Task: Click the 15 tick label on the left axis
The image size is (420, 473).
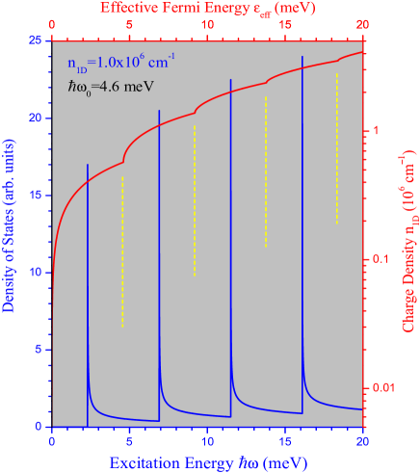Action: [x=33, y=196]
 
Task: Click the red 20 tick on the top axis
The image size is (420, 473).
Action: [x=362, y=24]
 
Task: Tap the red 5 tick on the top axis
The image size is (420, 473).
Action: [x=130, y=24]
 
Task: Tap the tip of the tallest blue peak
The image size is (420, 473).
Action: [x=302, y=57]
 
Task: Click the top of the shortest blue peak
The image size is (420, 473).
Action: [x=88, y=165]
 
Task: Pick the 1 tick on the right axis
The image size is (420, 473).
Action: [x=375, y=131]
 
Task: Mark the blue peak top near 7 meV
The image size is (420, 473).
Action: [x=159, y=111]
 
